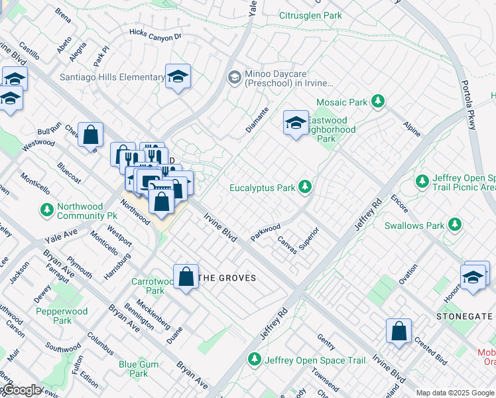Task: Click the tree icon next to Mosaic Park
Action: coord(378,101)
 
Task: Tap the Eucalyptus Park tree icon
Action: coord(304,187)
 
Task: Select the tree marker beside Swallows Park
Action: coord(455,225)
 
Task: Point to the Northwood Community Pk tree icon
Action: coord(46,210)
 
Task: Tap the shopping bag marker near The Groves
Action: coord(186,277)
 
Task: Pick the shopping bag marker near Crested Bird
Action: coord(399,332)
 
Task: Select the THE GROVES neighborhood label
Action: coord(227,278)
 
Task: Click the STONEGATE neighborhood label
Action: coord(464,316)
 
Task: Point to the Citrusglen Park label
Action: coord(310,15)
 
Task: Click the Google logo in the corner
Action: coord(21,390)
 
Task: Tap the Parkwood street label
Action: coord(266,232)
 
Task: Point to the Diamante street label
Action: coord(257,120)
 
